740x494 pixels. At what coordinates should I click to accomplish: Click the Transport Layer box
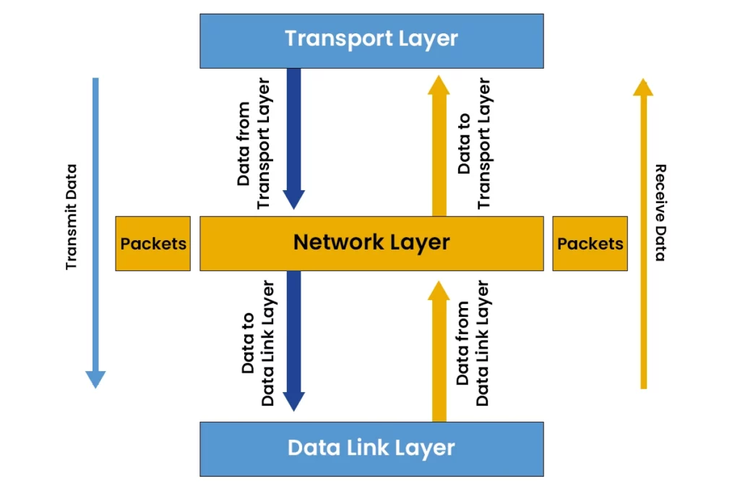[371, 41]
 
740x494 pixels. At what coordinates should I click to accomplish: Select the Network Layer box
[371, 243]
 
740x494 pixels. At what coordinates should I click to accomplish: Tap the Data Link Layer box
[371, 448]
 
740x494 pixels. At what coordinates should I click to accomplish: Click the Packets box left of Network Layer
[153, 244]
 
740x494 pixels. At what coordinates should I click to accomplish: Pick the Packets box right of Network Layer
[590, 244]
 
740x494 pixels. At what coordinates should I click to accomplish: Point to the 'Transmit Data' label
[71, 217]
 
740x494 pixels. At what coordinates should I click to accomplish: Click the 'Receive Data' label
[660, 213]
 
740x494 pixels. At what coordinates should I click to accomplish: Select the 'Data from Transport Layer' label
[254, 143]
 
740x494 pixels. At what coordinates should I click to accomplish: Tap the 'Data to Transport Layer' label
[474, 143]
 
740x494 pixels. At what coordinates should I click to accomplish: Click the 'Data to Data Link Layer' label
[258, 343]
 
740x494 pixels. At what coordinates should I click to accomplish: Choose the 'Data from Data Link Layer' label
[473, 343]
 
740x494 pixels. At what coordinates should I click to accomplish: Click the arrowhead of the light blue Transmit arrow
[95, 379]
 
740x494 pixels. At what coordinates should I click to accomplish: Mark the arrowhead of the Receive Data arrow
[643, 87]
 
